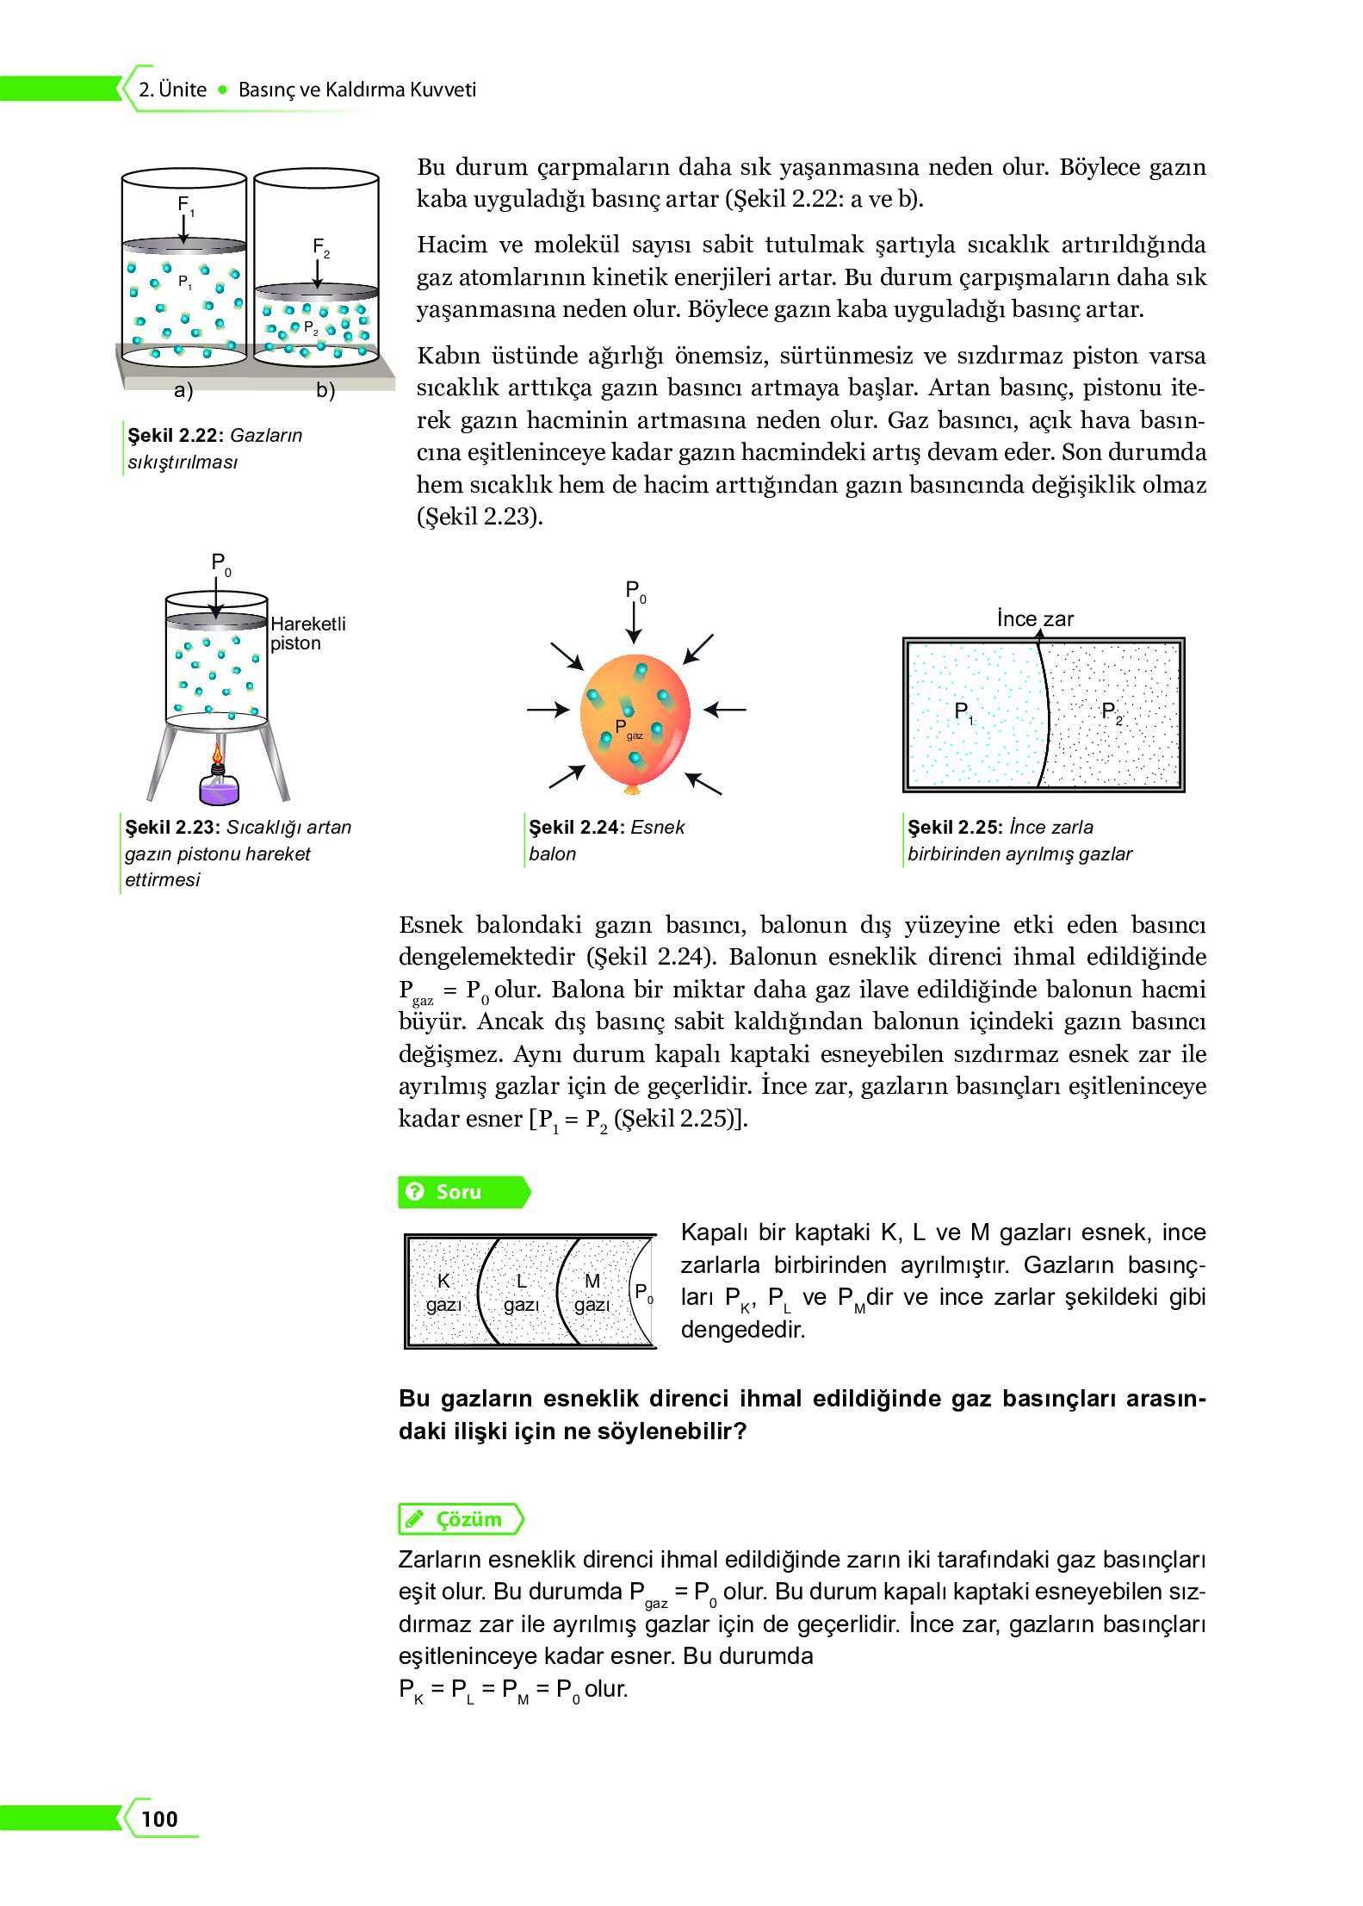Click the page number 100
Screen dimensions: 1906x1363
click(x=159, y=1818)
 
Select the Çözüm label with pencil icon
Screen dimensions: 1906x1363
click(x=461, y=1519)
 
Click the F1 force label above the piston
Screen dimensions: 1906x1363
click(x=184, y=205)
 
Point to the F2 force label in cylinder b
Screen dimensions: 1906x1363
click(x=320, y=247)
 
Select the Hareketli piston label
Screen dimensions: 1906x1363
click(x=307, y=633)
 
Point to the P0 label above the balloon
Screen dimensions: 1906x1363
click(x=635, y=591)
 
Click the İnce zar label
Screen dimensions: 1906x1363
click(x=1035, y=618)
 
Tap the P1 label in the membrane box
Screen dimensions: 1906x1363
click(x=963, y=712)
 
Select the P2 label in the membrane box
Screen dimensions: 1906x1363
click(x=1111, y=712)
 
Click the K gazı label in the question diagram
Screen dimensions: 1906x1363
click(x=443, y=1292)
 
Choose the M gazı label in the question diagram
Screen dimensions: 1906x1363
click(x=592, y=1292)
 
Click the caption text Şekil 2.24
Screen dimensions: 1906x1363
click(x=575, y=827)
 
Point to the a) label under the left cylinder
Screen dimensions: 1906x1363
click(x=183, y=390)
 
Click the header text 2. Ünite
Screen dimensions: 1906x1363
click(x=172, y=90)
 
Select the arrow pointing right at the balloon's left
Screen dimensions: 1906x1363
click(x=548, y=710)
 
